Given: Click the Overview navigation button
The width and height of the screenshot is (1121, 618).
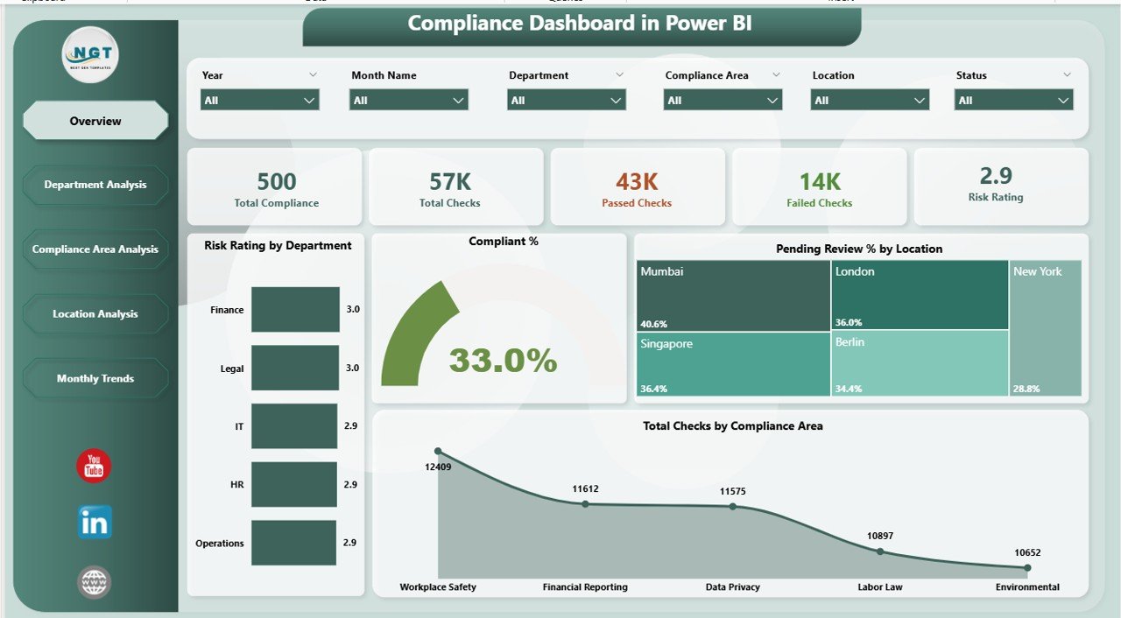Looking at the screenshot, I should point(95,121).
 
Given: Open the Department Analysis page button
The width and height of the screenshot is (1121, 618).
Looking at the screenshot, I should point(95,185).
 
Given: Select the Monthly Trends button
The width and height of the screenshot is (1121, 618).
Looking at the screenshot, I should point(95,378).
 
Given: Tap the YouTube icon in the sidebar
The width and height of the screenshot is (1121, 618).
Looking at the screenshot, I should point(94,467).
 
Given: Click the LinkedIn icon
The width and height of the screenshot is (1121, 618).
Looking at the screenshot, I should point(94,523).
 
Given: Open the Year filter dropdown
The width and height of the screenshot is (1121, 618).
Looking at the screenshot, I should point(259,101).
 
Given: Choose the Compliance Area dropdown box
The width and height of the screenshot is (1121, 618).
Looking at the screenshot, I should point(722,101).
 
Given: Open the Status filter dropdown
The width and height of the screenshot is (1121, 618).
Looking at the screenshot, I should point(1012,101).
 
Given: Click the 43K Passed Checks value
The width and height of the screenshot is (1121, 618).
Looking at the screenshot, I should point(637,182).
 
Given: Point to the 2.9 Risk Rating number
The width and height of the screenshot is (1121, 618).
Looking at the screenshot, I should point(996,176).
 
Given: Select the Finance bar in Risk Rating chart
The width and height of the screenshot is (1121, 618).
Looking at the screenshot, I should point(295,309).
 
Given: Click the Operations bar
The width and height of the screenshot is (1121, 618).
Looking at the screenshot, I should point(293,543).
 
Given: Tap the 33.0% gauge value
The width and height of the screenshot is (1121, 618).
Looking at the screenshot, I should point(503,360).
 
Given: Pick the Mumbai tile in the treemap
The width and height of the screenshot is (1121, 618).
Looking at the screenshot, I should point(734,295).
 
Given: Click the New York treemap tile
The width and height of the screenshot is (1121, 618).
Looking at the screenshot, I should point(1045,328).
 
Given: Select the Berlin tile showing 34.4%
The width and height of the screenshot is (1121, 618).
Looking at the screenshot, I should point(919,364).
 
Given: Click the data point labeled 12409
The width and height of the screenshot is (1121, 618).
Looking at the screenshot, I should point(438,451).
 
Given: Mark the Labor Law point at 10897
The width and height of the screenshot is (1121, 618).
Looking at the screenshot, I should point(880,551).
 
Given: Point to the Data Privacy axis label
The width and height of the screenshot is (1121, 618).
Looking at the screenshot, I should point(732,586).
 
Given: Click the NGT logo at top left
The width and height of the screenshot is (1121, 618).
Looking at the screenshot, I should point(90,54).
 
